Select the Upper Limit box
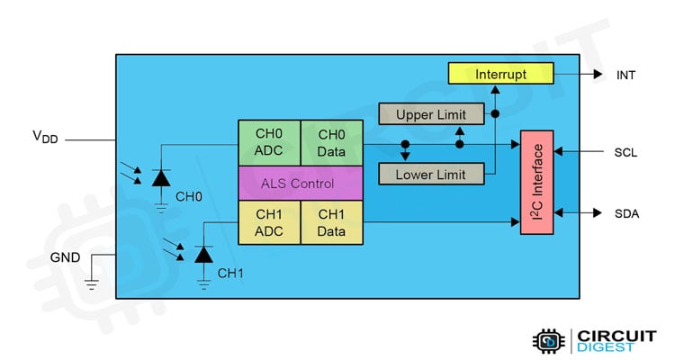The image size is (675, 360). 430,114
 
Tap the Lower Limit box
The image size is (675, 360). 430,174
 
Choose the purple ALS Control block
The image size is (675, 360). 299,184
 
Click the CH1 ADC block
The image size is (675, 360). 268,223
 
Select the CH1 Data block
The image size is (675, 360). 330,223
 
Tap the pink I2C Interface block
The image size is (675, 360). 538,182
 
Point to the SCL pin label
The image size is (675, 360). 625,152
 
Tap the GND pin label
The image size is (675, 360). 65,257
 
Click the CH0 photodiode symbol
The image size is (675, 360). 161,178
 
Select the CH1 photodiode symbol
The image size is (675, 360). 204,255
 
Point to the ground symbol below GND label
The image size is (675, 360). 91,286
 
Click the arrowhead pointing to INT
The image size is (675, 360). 597,76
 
